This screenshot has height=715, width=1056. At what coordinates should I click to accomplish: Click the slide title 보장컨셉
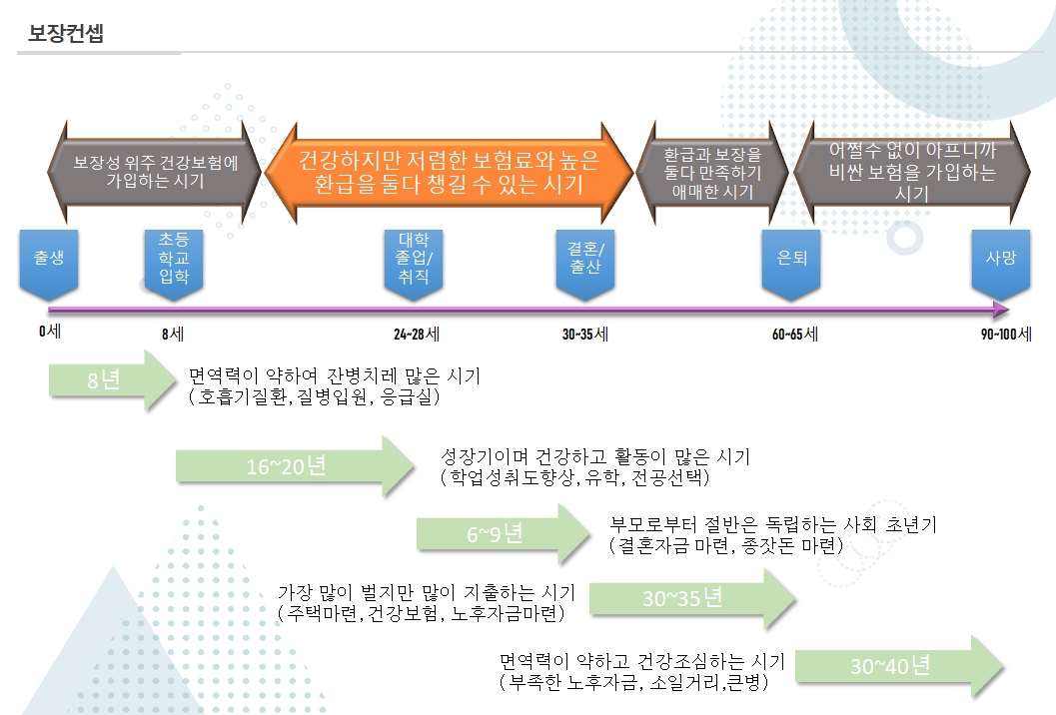pyautogui.click(x=66, y=33)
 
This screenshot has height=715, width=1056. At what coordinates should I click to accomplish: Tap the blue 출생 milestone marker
pyautogui.click(x=49, y=261)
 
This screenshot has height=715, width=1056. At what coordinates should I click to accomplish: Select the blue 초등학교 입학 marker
pyautogui.click(x=174, y=261)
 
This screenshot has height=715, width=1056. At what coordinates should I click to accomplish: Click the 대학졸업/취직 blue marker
pyautogui.click(x=414, y=261)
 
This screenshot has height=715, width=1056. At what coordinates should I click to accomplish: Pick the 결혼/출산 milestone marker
pyautogui.click(x=585, y=261)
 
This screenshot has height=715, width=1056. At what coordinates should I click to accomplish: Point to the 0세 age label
pyautogui.click(x=50, y=333)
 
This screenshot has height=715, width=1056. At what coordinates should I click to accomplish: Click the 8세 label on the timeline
pyautogui.click(x=172, y=334)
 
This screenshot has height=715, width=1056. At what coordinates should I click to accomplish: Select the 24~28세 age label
pyautogui.click(x=418, y=334)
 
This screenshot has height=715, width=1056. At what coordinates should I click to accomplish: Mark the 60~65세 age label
pyautogui.click(x=794, y=334)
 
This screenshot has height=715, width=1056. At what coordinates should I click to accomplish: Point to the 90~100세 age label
pyautogui.click(x=1005, y=334)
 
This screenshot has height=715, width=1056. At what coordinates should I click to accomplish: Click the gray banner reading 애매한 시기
pyautogui.click(x=712, y=172)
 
